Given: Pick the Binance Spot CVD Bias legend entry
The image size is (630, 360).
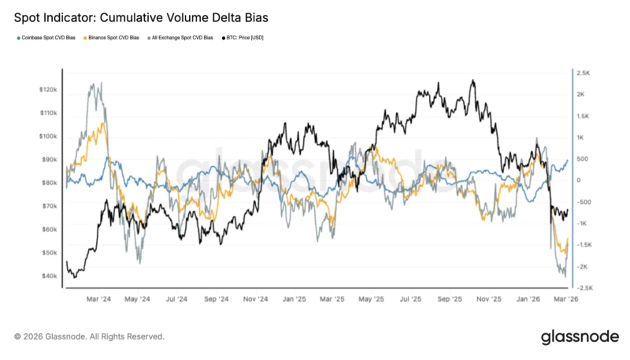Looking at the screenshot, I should tap(116, 37).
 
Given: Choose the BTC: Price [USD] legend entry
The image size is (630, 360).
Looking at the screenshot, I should tap(246, 37).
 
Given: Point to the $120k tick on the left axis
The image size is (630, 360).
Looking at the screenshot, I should tap(47, 90).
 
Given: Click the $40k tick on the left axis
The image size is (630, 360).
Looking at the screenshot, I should tap(49, 276).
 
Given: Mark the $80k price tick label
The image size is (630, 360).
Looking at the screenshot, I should tap(49, 183).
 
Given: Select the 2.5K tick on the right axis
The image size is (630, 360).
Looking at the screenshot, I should tap(584, 72).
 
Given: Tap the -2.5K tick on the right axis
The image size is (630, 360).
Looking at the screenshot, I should tap(584, 288).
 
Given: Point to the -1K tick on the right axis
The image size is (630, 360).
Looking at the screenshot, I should tap(583, 224).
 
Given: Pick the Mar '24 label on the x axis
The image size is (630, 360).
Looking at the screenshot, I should tap(98, 299).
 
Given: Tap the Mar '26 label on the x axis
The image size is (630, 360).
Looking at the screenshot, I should tap(565, 299).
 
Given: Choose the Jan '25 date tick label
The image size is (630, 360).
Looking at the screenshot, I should tap(295, 299).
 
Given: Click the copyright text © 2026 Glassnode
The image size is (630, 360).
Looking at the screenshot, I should tap(89, 336).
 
